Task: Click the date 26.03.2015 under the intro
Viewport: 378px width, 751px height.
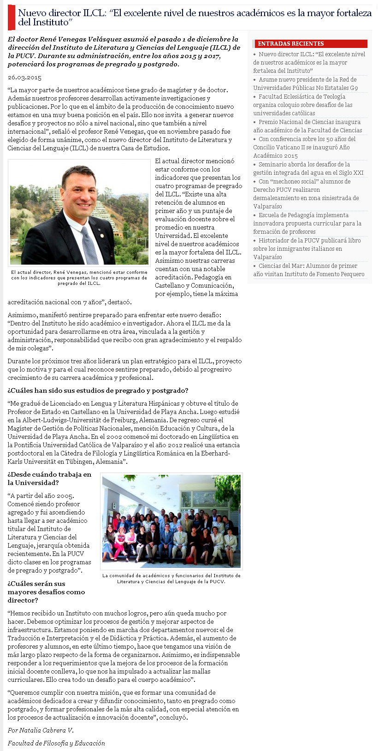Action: [x=24, y=77]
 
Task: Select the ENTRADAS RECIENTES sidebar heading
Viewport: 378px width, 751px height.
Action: [x=291, y=44]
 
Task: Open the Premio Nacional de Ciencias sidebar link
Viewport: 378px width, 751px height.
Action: [x=309, y=126]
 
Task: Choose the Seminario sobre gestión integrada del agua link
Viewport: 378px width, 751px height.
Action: [x=309, y=169]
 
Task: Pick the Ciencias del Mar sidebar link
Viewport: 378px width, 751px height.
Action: [x=309, y=270]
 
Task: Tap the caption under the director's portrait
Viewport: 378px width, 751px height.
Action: [x=79, y=278]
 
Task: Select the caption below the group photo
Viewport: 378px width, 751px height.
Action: [x=171, y=579]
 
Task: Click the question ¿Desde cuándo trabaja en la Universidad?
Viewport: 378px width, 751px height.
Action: [x=49, y=479]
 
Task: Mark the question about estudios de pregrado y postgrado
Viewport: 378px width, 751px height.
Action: [x=98, y=390]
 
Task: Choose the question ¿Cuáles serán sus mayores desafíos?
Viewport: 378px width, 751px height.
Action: [x=46, y=592]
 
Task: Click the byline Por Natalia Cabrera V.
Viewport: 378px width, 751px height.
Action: [x=41, y=730]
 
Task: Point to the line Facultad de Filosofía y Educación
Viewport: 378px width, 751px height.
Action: [x=56, y=743]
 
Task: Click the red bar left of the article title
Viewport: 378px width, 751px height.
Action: [x=11, y=18]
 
